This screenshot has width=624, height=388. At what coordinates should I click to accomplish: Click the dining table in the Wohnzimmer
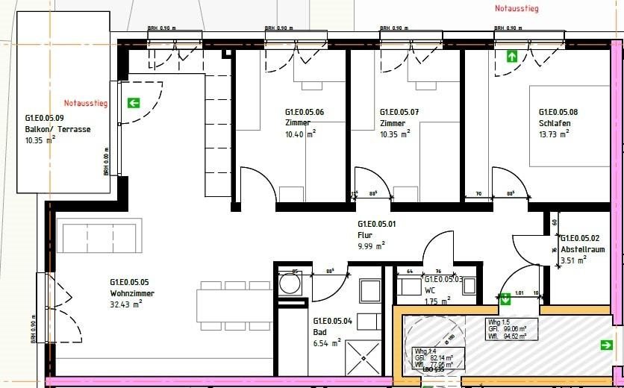tap(235, 305)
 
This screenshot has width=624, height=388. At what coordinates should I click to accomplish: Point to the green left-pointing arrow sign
tap(134, 103)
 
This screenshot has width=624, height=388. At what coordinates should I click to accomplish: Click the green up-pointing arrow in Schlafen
tap(512, 56)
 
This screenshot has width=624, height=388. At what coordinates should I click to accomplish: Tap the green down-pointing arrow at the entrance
tap(505, 299)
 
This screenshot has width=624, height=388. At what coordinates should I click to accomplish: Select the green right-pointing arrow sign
tap(606, 345)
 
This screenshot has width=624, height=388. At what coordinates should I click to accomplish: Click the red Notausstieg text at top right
tap(517, 9)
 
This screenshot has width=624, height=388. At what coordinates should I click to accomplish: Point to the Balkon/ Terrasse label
tap(58, 129)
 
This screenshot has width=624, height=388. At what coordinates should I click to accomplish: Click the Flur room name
tap(364, 234)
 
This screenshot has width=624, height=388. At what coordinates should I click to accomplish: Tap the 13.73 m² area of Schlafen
tap(553, 134)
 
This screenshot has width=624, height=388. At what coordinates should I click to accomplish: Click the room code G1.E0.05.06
tap(305, 112)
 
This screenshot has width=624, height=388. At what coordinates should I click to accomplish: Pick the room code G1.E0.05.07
tap(399, 112)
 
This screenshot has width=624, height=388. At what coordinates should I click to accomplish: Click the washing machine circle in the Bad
tap(288, 284)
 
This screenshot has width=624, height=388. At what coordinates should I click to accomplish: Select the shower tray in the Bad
tap(364, 357)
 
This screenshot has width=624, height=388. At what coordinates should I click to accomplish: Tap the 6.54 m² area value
tap(327, 342)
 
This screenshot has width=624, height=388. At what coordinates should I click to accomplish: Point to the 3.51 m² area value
tap(572, 260)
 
